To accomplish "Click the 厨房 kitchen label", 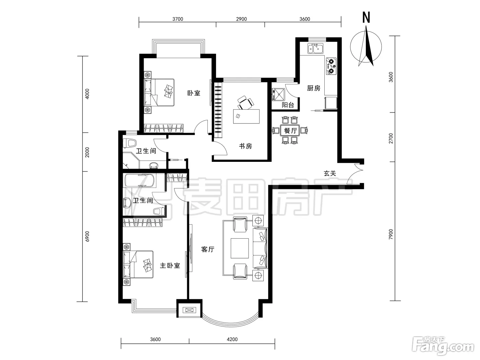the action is click(x=314, y=88).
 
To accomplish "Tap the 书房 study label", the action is click(x=245, y=146).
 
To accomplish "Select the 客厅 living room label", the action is click(x=208, y=249).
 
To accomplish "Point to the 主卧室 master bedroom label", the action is click(x=170, y=266).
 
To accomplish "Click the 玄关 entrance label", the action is click(x=330, y=173).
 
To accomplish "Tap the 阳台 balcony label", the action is click(x=288, y=105).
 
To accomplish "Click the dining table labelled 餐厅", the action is click(x=290, y=131).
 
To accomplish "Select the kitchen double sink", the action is click(x=315, y=49).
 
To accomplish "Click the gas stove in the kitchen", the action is click(x=331, y=66).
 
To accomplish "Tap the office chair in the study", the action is click(x=246, y=103).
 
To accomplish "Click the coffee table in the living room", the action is click(x=240, y=248).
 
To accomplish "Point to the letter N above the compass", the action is click(x=366, y=17).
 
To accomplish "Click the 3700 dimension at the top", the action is click(x=178, y=19).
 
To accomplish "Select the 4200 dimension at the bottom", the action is click(x=232, y=339).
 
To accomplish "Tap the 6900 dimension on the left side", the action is click(x=87, y=237).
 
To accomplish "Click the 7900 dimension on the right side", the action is click(x=391, y=234).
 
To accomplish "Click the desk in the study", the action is click(x=246, y=116).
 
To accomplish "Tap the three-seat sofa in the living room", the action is click(x=260, y=248).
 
